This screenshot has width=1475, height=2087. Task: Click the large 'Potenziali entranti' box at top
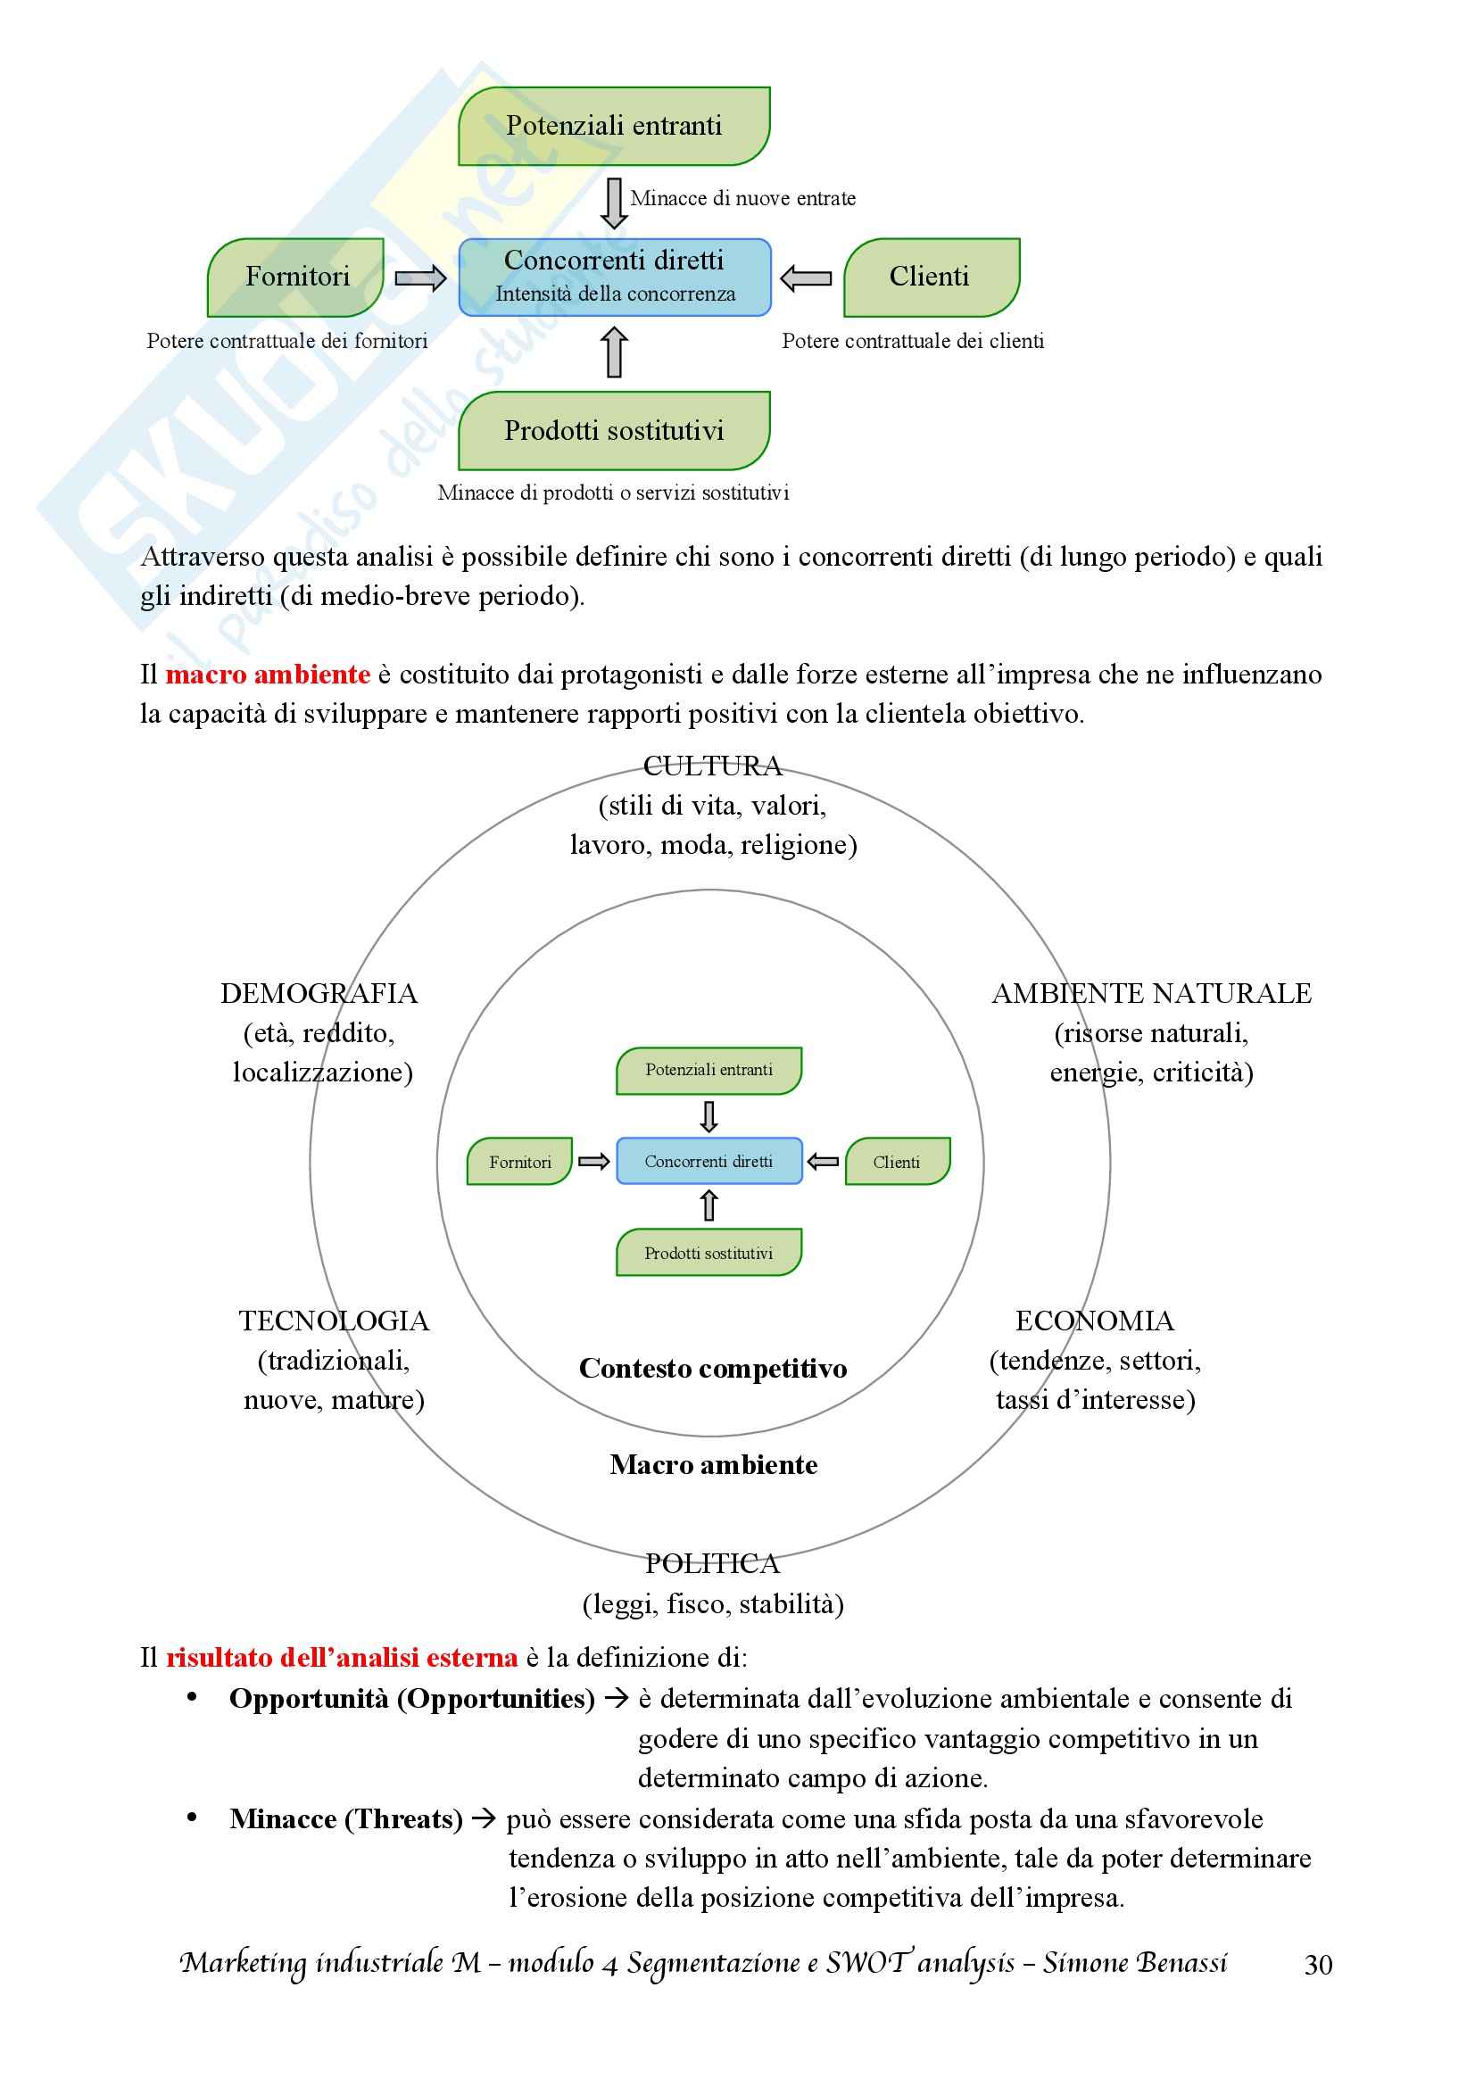(x=613, y=126)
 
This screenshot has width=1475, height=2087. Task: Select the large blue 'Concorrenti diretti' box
(x=614, y=277)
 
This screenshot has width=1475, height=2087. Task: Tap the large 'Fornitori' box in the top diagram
(x=296, y=277)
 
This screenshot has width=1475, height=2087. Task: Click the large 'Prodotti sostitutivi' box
(x=613, y=430)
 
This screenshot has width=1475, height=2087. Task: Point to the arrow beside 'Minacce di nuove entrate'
(x=614, y=202)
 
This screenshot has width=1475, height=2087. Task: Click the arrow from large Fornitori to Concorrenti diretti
(x=421, y=277)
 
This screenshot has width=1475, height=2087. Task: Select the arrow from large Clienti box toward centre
(x=806, y=278)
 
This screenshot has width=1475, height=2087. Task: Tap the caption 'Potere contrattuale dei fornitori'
(x=287, y=341)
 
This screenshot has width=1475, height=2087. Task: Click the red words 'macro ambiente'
(x=267, y=675)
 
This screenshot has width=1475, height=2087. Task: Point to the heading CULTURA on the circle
(x=712, y=766)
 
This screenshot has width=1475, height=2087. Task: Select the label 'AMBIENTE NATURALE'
(x=1151, y=993)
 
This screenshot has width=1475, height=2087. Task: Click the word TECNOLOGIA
(x=334, y=1321)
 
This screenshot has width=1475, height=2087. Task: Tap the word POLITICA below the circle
(x=712, y=1563)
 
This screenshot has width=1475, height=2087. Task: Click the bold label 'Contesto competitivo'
(x=712, y=1368)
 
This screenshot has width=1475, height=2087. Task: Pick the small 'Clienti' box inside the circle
(x=897, y=1162)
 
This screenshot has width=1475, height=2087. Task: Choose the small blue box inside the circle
(x=708, y=1161)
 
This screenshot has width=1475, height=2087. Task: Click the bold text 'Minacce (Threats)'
(x=346, y=1818)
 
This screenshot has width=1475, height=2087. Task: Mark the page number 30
(x=1318, y=1965)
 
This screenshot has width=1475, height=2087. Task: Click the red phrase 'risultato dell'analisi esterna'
(x=342, y=1657)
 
